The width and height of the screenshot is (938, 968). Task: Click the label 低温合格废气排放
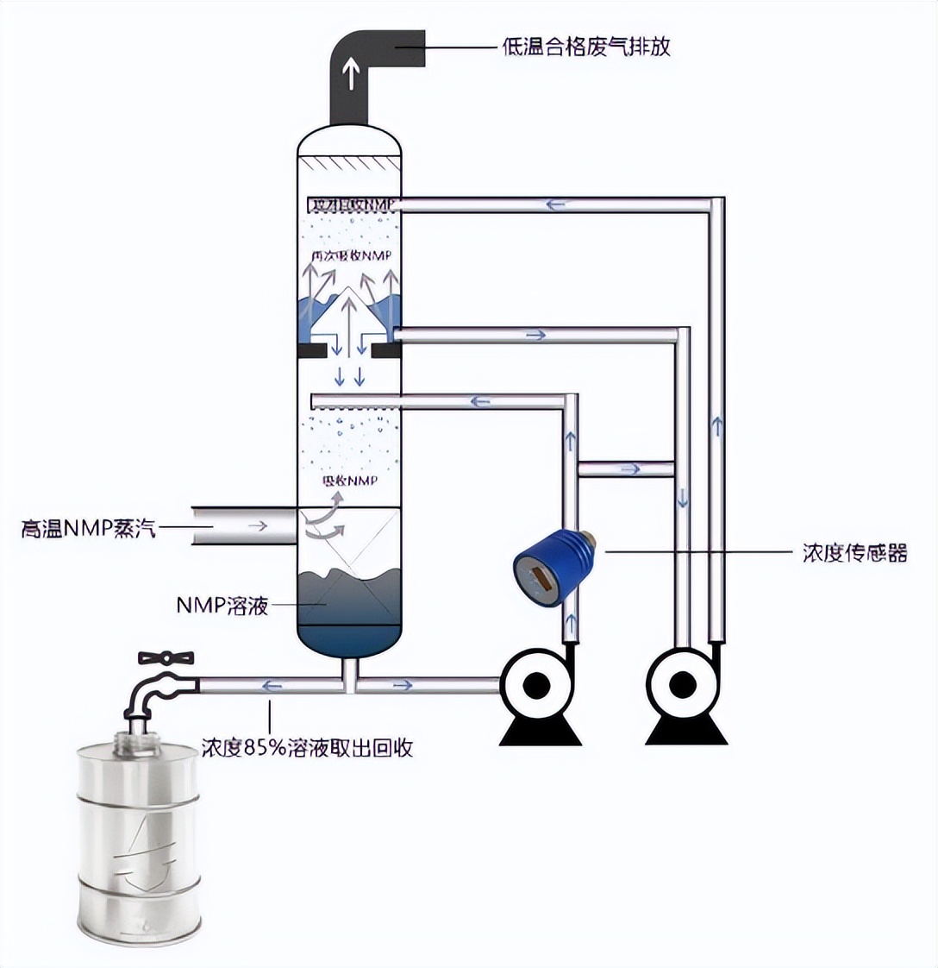[x=585, y=47]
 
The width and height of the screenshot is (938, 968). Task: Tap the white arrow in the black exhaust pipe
[x=352, y=75]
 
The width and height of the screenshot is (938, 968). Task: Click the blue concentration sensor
[x=547, y=568]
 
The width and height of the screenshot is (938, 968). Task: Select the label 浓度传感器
[x=854, y=553]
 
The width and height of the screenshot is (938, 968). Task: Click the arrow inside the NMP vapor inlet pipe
[x=257, y=525]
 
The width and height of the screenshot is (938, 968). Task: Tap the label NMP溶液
[x=222, y=606]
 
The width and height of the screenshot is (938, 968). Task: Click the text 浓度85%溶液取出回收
[x=307, y=747]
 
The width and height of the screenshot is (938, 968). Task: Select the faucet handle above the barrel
[x=166, y=657]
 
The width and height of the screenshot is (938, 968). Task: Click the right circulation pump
[x=684, y=687]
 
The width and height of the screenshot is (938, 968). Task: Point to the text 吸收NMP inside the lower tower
[x=349, y=481]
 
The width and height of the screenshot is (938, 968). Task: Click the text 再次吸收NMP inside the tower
[x=351, y=256]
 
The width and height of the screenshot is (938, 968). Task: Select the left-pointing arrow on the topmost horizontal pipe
[x=556, y=204]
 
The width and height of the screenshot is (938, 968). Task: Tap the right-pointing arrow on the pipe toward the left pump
[x=403, y=686]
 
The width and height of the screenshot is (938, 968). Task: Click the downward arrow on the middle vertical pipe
[x=683, y=498]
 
